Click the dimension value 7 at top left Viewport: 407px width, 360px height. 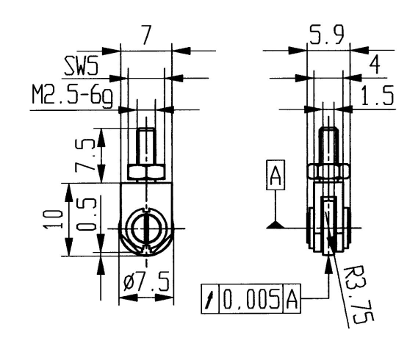coord(146,37)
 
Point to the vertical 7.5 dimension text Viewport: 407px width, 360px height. coord(86,154)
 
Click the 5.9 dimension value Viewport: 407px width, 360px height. coord(328,38)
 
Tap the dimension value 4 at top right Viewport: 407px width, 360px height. coord(375,66)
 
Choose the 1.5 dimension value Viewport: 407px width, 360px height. coord(377,97)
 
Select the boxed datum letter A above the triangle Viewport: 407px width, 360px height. coord(275,177)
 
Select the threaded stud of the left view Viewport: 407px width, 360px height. coord(145,147)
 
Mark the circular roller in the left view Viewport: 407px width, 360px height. coord(146,228)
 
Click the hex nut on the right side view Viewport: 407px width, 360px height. coord(328,172)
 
